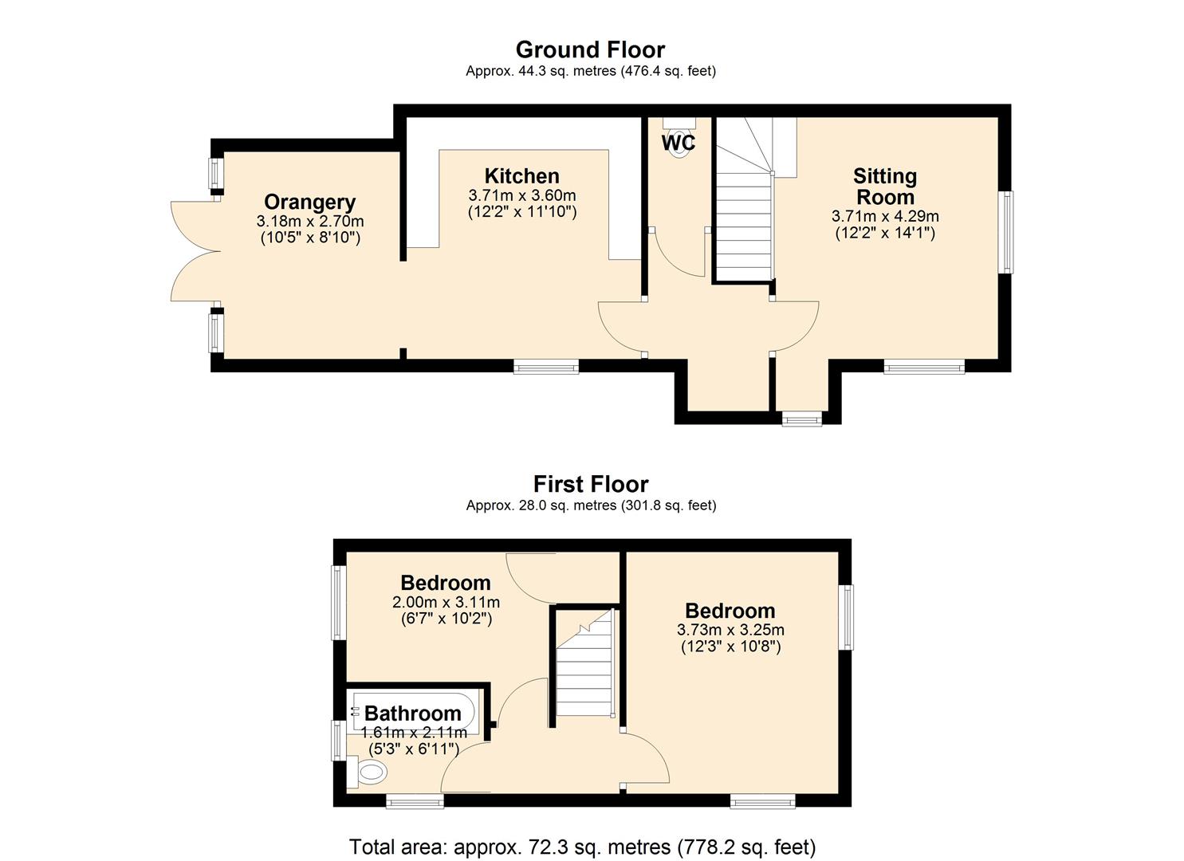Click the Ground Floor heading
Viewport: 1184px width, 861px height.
[x=590, y=49]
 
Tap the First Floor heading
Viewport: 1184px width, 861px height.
[x=590, y=484]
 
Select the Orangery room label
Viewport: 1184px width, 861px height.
[x=309, y=202]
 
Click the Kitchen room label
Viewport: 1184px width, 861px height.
[x=521, y=175]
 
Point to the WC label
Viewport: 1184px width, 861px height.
[x=678, y=143]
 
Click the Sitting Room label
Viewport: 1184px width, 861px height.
[x=884, y=186]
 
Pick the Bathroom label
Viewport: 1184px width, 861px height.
[x=412, y=713]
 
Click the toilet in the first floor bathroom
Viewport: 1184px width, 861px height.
[x=370, y=772]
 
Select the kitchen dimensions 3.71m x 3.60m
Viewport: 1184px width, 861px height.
[x=521, y=195]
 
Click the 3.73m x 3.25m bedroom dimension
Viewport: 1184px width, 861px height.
[x=730, y=630]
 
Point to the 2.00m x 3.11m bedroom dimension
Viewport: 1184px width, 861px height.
[x=445, y=602]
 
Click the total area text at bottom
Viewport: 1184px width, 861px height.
[x=582, y=846]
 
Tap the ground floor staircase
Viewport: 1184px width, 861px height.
[x=744, y=223]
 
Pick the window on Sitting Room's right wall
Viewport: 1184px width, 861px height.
[x=1009, y=232]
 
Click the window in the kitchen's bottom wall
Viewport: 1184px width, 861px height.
[x=545, y=367]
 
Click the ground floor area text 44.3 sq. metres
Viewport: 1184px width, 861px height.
[x=590, y=71]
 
